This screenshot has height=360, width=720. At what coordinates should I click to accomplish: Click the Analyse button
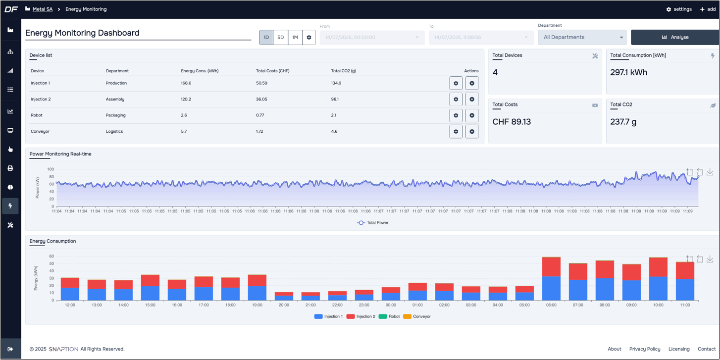tap(675, 37)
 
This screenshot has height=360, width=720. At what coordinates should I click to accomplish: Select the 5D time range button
tap(280, 37)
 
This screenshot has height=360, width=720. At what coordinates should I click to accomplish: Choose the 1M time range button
tap(295, 37)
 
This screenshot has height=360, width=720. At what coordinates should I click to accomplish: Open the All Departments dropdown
tap(582, 37)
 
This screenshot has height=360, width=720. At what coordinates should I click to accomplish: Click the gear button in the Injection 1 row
tap(456, 83)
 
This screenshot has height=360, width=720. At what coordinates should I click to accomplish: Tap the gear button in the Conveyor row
tap(456, 132)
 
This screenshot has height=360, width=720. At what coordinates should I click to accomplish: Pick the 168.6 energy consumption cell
tap(186, 83)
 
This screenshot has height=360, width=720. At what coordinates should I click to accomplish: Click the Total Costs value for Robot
tap(260, 115)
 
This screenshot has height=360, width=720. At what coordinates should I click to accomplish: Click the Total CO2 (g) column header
tap(343, 71)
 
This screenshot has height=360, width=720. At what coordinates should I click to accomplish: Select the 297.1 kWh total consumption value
tap(629, 72)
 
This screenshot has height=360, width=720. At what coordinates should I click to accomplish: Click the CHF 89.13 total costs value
tap(512, 122)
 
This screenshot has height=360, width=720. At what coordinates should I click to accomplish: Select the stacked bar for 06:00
tap(551, 279)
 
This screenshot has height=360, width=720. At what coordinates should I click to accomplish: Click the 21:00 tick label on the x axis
tap(310, 305)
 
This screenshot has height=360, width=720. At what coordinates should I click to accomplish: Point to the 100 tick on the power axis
tap(51, 169)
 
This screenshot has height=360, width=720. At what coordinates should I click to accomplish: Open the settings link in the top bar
tap(679, 9)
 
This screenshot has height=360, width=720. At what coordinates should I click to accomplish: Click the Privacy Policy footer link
tap(645, 349)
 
